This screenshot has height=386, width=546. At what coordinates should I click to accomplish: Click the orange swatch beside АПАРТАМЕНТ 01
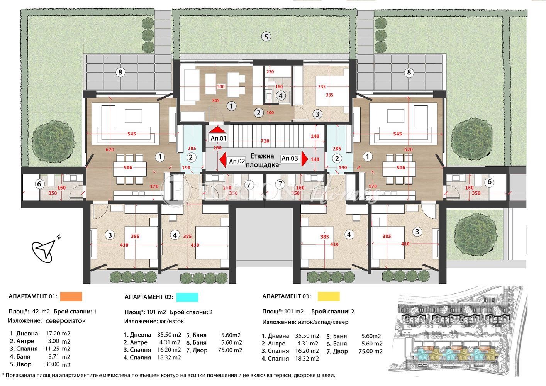pos(71,296)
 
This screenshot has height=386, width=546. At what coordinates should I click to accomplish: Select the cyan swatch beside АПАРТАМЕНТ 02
pos(187,297)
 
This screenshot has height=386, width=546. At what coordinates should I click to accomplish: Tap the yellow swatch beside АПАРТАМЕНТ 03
pos(328,296)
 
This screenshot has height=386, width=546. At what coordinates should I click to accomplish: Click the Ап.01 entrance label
pos(218,138)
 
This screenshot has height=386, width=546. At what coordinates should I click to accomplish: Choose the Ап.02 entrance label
pos(237,161)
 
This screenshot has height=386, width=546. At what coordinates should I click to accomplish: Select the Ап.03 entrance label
pos(290,158)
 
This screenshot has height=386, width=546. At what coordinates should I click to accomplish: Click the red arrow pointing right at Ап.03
pos(305,158)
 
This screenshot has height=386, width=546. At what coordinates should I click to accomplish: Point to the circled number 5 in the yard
pos(265,37)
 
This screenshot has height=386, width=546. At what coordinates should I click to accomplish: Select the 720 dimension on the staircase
pos(265,141)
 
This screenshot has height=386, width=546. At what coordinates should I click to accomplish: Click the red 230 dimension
pos(270,72)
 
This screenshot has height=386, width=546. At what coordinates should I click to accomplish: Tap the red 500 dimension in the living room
pos(220,87)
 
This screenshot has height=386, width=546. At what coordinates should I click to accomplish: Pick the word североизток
pos(66,321)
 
